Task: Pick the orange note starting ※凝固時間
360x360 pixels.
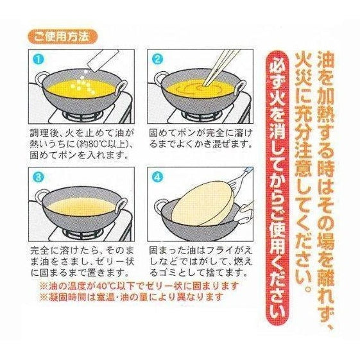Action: coord(131,297)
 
